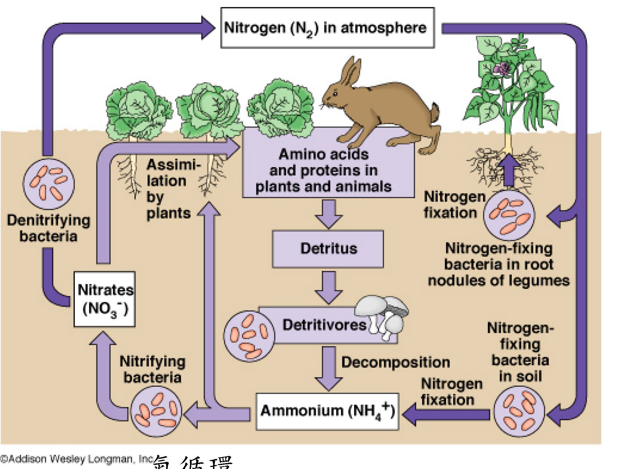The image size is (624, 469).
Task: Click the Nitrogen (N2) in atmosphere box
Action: click(327, 28)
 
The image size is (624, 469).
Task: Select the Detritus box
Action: click(328, 249)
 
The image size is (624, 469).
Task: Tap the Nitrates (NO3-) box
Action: click(104, 299)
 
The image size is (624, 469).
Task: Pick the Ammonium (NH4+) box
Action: click(327, 411)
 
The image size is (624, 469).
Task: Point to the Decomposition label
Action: click(395, 362)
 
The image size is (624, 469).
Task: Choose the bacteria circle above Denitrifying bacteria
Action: click(49, 184)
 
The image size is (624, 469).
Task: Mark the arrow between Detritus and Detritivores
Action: click(328, 287)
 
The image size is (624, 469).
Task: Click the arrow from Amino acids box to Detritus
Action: click(328, 214)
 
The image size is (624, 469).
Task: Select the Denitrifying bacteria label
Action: click(48, 228)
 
